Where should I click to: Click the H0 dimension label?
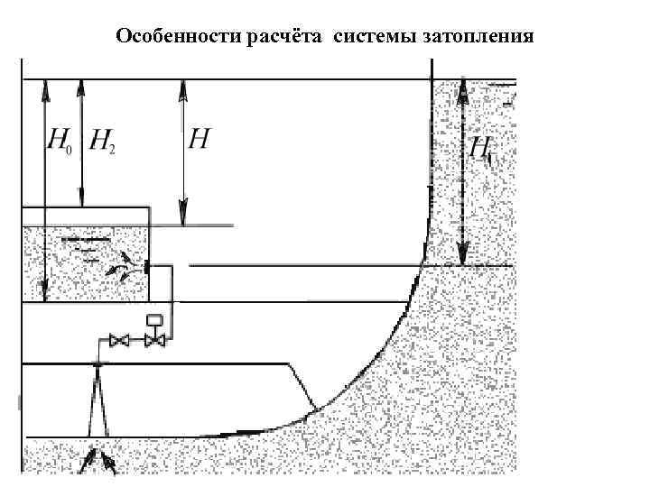tap(58, 141)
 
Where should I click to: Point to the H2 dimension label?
tap(103, 141)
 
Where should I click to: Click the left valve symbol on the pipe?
tap(117, 341)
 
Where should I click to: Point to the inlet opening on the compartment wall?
tap(145, 268)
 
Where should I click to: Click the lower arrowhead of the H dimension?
tap(184, 220)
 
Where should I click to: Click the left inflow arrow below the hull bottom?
tap(88, 464)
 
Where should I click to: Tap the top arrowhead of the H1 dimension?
tap(462, 87)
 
